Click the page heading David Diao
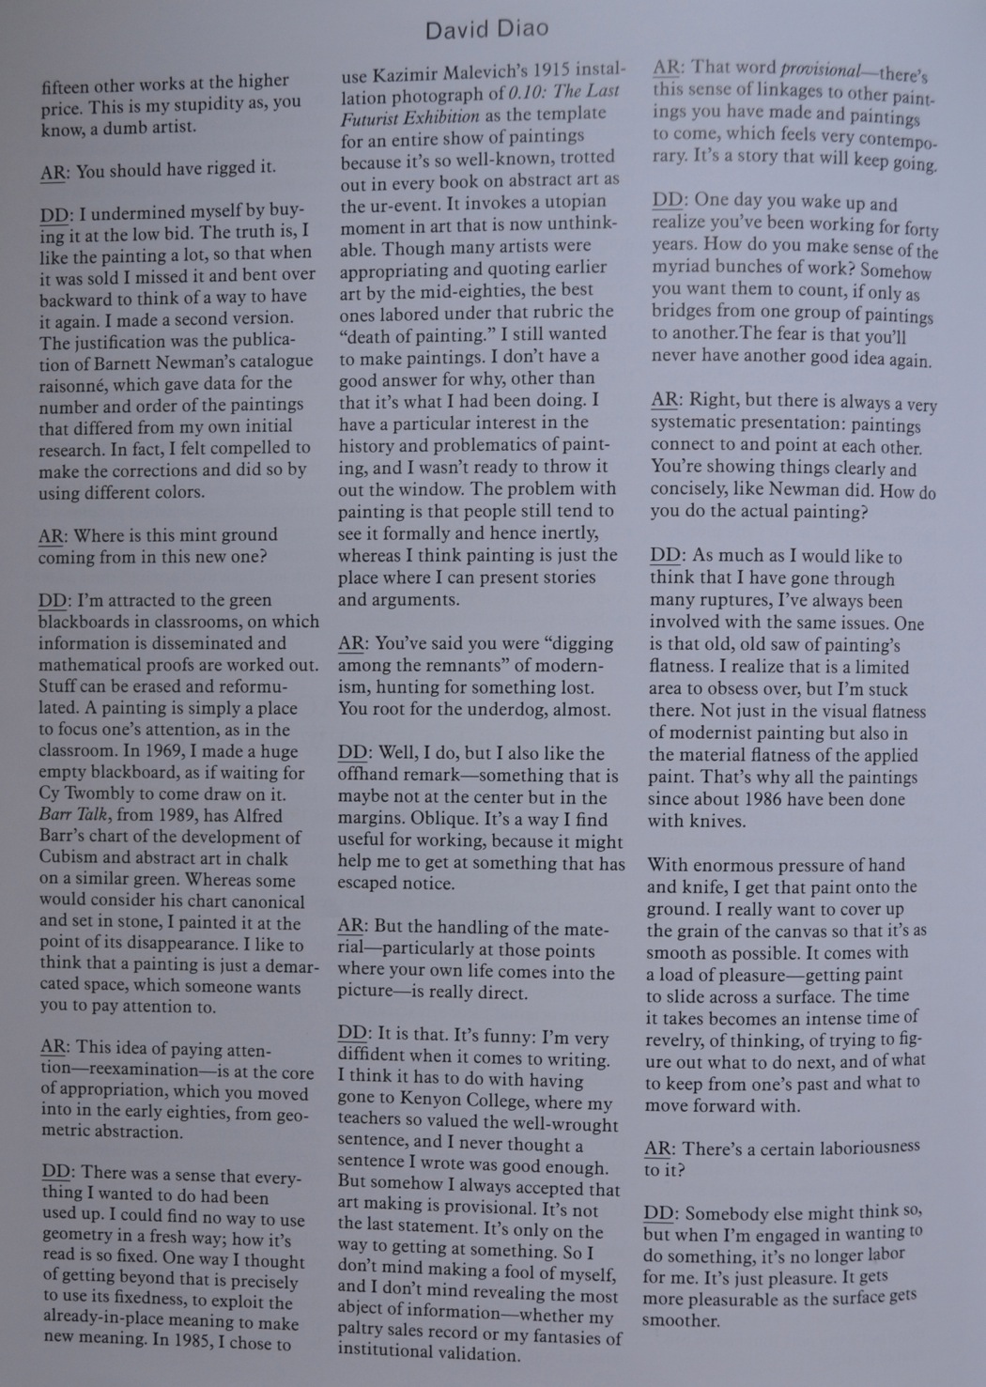click(x=486, y=29)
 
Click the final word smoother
click(x=681, y=1319)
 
